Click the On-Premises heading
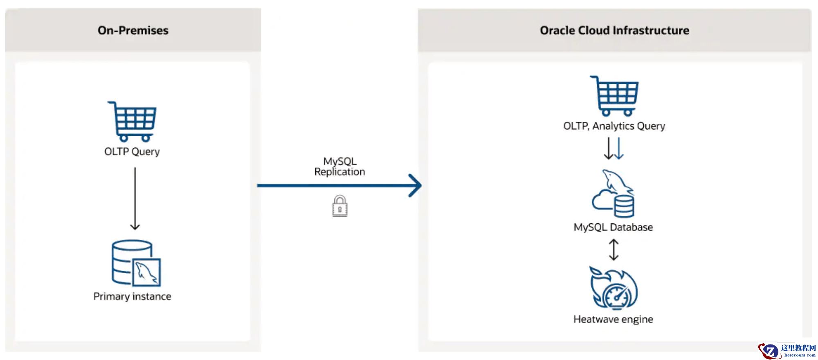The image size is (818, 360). [133, 30]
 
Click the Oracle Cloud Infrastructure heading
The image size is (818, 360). [614, 30]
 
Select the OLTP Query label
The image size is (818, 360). [132, 152]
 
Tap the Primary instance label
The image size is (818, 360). [132, 296]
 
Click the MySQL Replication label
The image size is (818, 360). [339, 166]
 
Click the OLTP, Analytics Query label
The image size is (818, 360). [614, 126]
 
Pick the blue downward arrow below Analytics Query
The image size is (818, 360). [619, 148]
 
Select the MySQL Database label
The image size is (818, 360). [613, 227]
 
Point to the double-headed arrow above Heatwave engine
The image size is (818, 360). [613, 250]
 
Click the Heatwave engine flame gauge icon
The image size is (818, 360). [613, 288]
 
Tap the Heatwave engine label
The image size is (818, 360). [613, 319]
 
